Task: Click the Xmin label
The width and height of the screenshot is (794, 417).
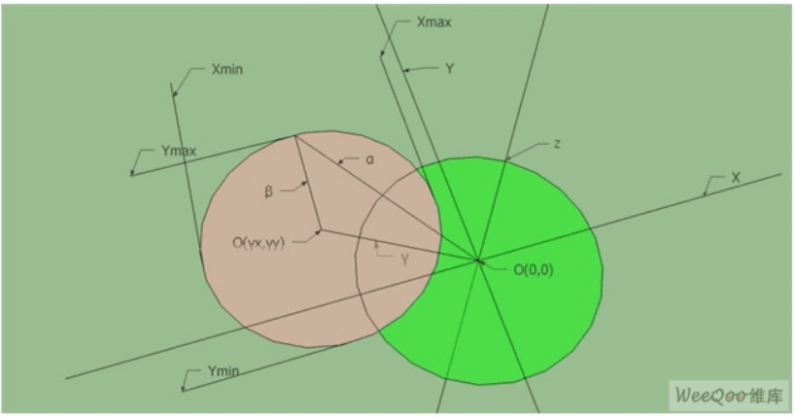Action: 226,71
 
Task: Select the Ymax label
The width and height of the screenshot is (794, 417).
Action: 179,151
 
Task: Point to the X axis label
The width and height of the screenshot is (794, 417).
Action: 736,179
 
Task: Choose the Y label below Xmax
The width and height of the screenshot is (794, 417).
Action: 449,69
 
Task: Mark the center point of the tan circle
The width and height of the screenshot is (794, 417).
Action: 319,231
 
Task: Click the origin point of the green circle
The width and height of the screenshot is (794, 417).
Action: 478,260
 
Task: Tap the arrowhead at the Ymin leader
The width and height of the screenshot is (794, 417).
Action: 184,389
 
